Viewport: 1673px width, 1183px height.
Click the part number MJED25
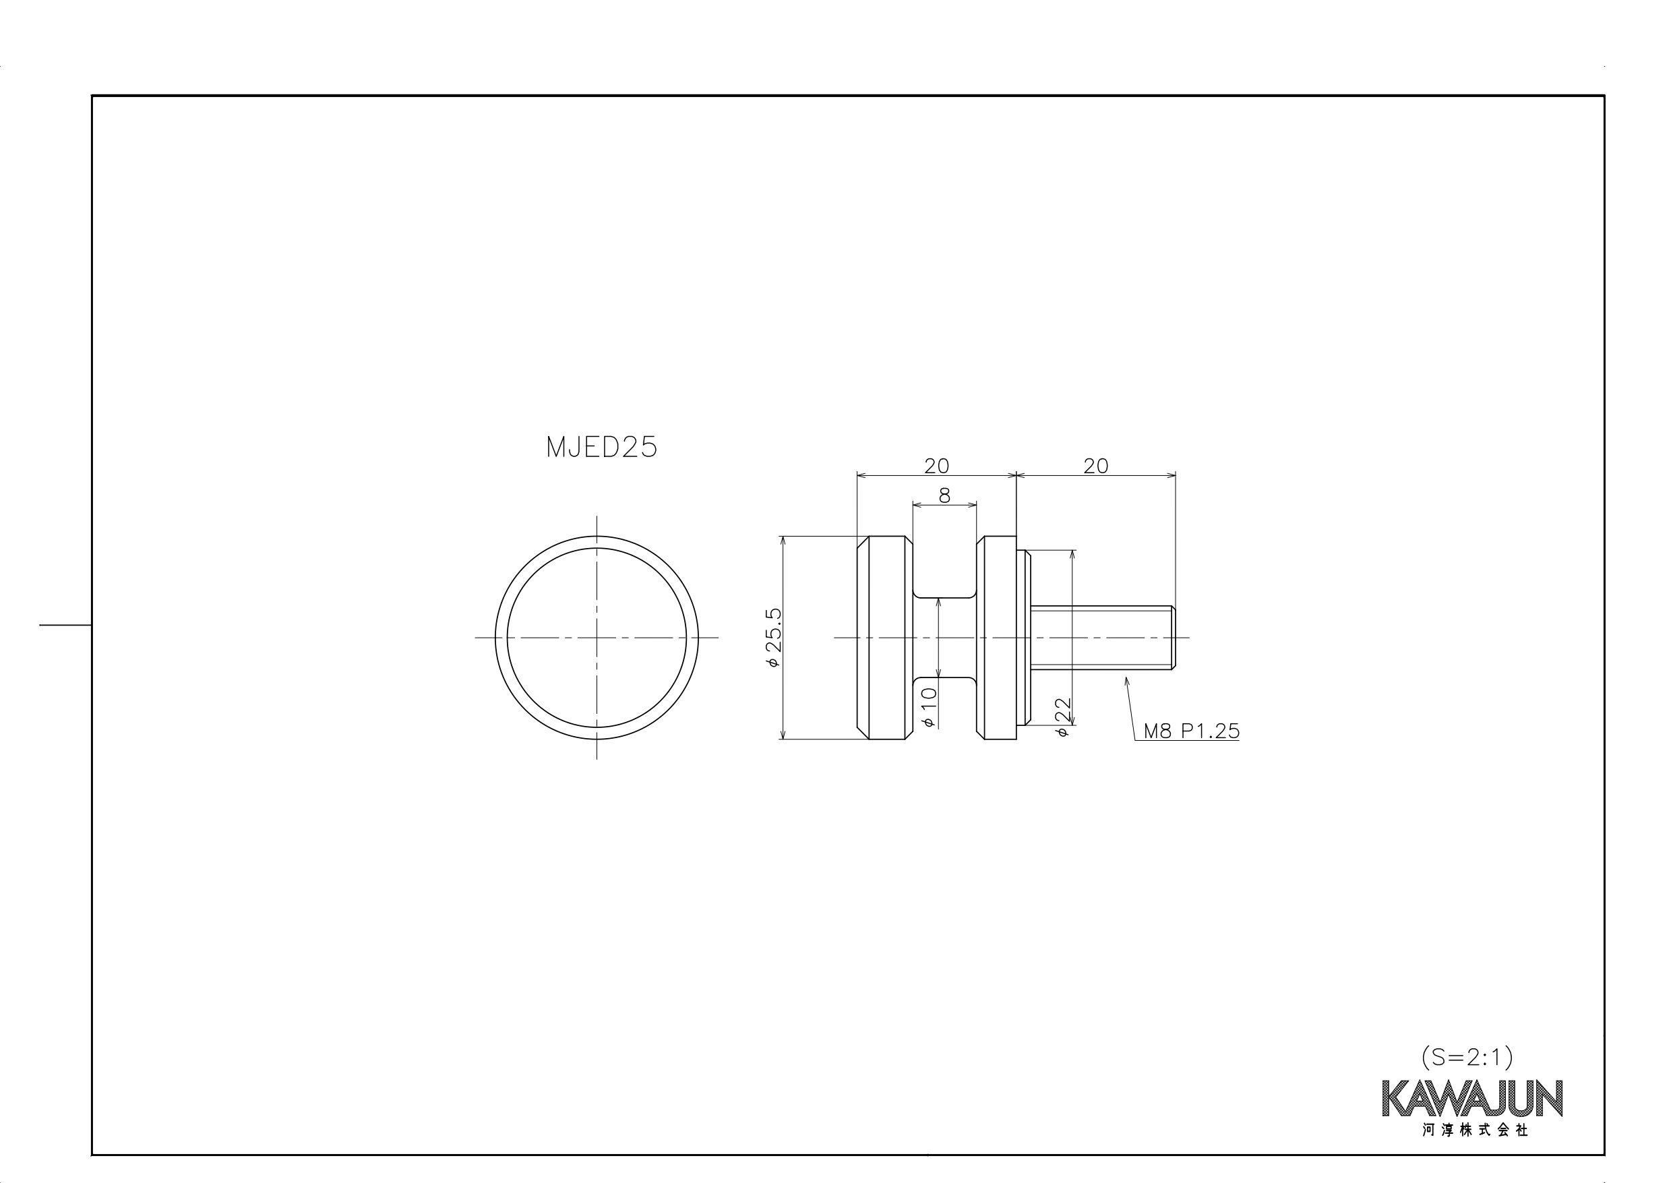(601, 447)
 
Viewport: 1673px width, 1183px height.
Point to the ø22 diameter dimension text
(1063, 717)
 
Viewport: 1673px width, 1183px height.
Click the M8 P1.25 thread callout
(1191, 731)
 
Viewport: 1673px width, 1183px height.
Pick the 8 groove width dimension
(944, 495)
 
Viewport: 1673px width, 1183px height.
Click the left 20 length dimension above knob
(936, 466)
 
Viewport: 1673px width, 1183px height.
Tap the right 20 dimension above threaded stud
(1096, 466)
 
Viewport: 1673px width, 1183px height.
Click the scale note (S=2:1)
(1467, 1057)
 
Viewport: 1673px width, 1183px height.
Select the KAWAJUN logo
(1472, 1099)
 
